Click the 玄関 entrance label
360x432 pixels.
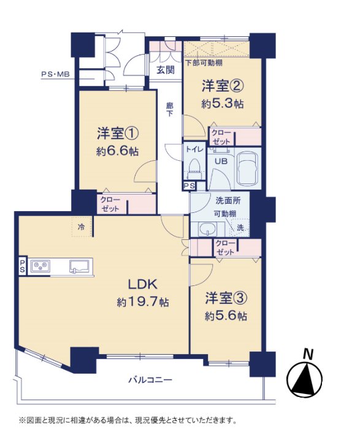(166, 69)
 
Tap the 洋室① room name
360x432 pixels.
(118, 134)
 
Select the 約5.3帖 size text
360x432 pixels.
(223, 104)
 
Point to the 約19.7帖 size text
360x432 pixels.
(143, 303)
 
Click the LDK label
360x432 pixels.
(143, 284)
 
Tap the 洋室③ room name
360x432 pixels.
(226, 298)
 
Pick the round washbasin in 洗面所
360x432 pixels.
(207, 229)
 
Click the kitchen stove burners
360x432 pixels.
(40, 266)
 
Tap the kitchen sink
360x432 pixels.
(80, 266)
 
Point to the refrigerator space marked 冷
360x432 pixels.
(82, 227)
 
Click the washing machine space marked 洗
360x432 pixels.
(240, 228)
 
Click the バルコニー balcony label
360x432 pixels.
(150, 380)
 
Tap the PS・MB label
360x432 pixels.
(55, 74)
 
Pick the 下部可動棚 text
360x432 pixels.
(204, 63)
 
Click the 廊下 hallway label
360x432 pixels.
(170, 109)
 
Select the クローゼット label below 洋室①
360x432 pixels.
(110, 204)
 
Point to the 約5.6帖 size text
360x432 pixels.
(226, 316)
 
